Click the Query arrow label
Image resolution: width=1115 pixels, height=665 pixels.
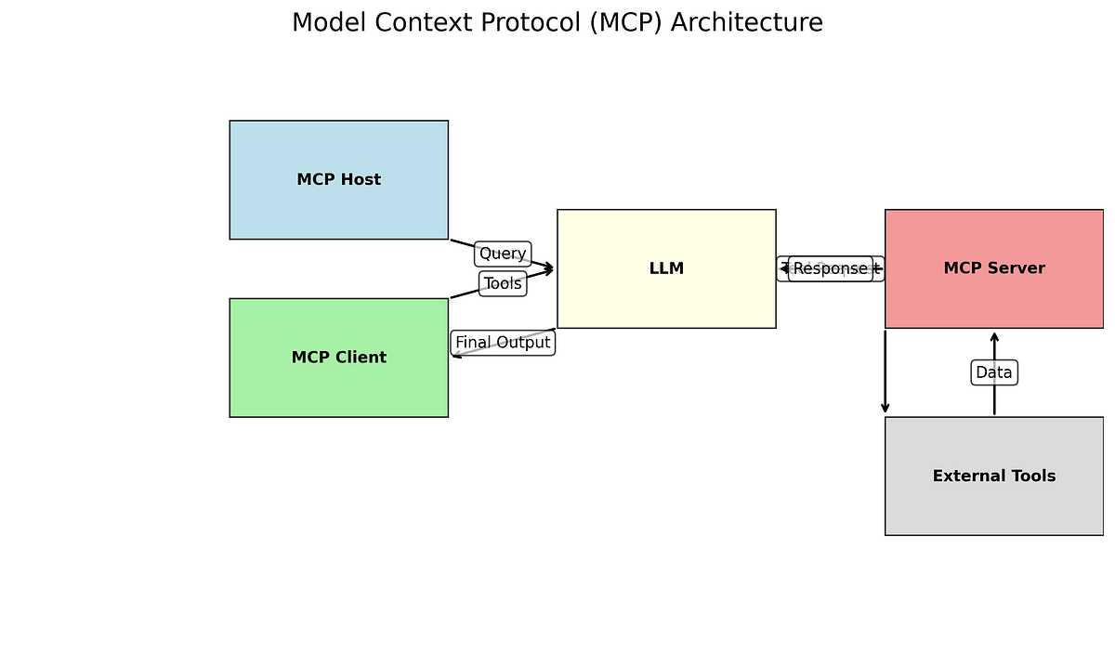pos(503,254)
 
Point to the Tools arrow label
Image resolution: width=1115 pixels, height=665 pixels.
pos(503,283)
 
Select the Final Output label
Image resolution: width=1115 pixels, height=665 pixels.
pos(503,343)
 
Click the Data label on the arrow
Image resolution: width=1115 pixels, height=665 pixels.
pos(994,372)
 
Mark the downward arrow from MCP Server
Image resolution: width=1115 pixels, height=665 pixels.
pos(885,372)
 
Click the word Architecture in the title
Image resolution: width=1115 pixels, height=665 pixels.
pos(746,22)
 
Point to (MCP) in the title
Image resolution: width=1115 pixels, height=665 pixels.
pos(631,22)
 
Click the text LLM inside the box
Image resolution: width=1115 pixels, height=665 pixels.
pos(666,268)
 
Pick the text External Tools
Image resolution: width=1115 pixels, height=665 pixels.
pos(993,476)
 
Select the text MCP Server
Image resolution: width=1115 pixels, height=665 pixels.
pos(993,268)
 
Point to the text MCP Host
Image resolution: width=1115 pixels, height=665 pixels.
pos(338,179)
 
